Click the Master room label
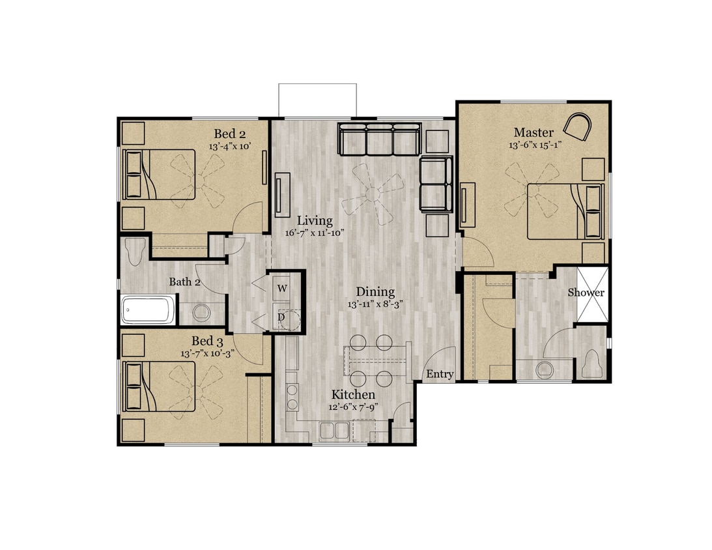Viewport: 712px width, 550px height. pyautogui.click(x=534, y=132)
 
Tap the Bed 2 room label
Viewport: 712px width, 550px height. pyautogui.click(x=229, y=134)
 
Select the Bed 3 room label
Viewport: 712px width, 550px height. pyautogui.click(x=207, y=341)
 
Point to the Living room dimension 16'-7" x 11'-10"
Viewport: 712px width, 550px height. pyautogui.click(x=315, y=233)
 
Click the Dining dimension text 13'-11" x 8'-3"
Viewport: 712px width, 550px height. pyautogui.click(x=375, y=304)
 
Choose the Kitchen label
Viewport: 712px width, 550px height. pyautogui.click(x=353, y=394)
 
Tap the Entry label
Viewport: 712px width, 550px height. pyautogui.click(x=439, y=373)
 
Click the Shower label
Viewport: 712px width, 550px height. pyautogui.click(x=586, y=293)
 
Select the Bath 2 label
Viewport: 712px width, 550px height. pyautogui.click(x=184, y=282)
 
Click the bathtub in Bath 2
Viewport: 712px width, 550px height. pyautogui.click(x=149, y=310)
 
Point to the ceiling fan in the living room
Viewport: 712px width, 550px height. pyautogui.click(x=376, y=189)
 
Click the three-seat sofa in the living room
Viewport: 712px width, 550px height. pyautogui.click(x=378, y=139)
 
